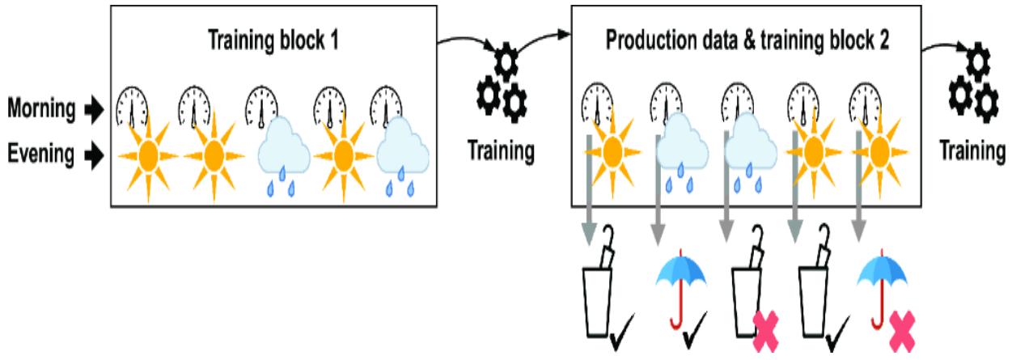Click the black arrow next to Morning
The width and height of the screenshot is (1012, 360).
(x=96, y=110)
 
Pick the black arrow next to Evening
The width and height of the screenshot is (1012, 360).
(x=96, y=152)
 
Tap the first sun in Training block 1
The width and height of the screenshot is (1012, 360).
(x=147, y=153)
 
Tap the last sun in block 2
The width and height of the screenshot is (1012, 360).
(x=880, y=150)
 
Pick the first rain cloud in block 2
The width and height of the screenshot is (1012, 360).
(x=681, y=150)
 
